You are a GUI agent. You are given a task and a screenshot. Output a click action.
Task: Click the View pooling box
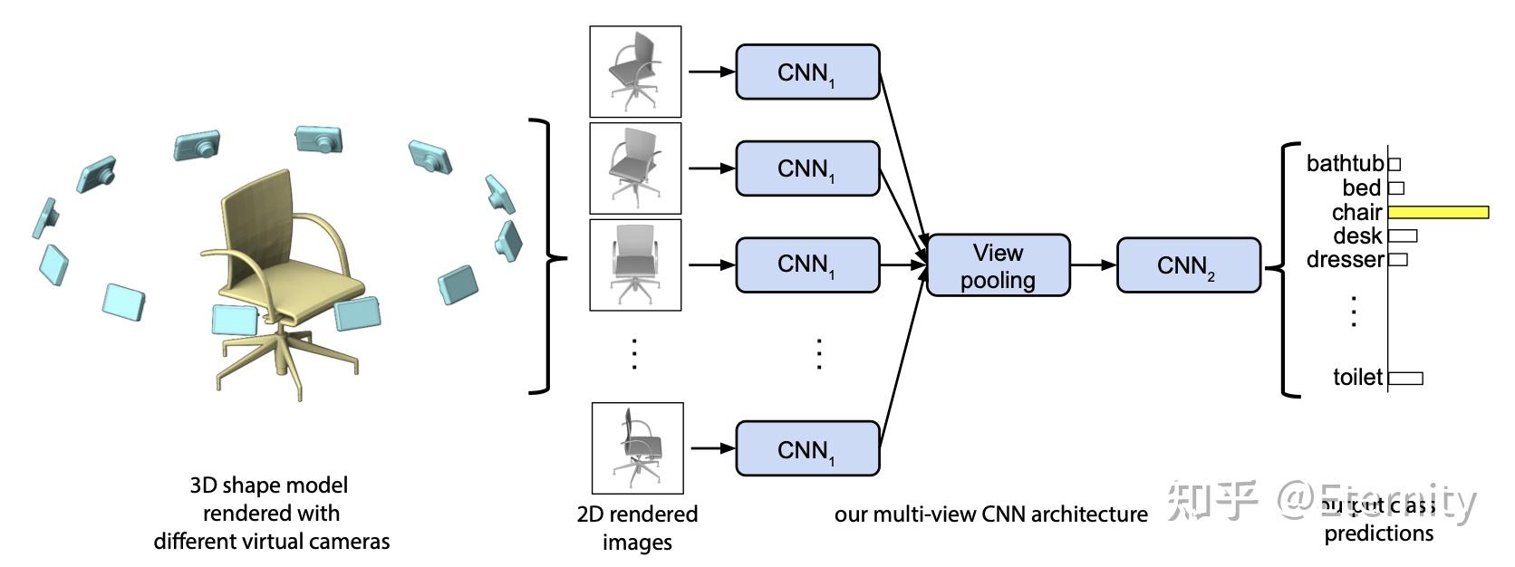click(x=998, y=265)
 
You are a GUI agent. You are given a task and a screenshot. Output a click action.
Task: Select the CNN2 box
click(x=1188, y=265)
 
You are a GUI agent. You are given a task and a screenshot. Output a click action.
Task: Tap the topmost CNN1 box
click(x=807, y=72)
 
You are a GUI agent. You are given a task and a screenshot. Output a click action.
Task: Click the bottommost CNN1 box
click(x=807, y=448)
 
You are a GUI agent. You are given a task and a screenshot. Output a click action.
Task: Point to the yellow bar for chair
click(x=1438, y=212)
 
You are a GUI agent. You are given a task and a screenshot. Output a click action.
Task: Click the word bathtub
click(x=1345, y=163)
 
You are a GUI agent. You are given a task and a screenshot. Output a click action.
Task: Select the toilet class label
click(x=1357, y=377)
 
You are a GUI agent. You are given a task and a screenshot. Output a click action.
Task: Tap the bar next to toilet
click(x=1405, y=378)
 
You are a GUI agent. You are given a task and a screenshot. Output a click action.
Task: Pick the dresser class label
click(x=1345, y=260)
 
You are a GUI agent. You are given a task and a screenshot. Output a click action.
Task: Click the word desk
click(x=1357, y=236)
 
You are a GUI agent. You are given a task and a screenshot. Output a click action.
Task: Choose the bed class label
click(x=1361, y=188)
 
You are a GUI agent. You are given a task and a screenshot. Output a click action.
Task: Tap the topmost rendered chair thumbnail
click(x=635, y=72)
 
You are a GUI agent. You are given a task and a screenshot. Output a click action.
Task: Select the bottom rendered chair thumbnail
click(x=637, y=448)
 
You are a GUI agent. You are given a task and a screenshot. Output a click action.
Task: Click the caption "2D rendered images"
click(x=637, y=528)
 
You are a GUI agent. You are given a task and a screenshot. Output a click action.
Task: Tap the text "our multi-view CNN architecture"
click(x=990, y=514)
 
